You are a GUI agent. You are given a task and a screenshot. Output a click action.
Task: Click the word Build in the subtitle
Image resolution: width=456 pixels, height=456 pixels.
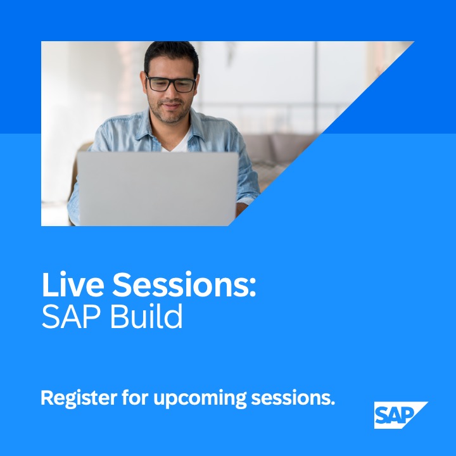pos(146,317)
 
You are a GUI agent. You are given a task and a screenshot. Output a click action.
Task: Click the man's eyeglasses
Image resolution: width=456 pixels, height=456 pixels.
pos(171,84)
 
